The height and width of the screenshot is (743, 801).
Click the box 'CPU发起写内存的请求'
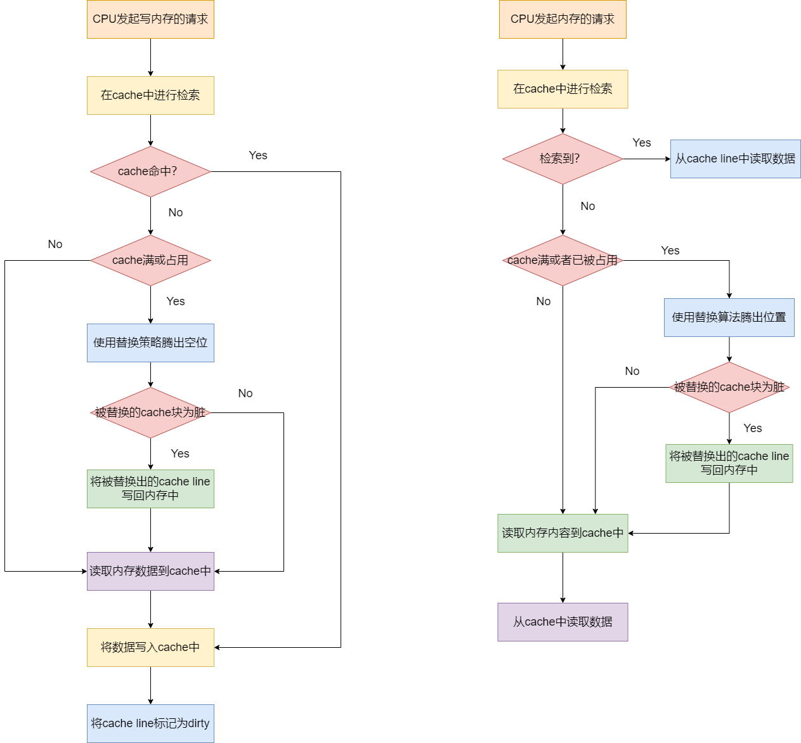click(150, 19)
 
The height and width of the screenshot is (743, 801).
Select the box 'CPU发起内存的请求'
click(563, 19)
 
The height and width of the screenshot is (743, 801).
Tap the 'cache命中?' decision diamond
click(150, 171)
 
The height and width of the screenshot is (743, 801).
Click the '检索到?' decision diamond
click(563, 159)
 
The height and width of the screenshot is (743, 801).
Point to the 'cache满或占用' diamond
click(150, 260)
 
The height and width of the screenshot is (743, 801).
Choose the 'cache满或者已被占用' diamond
click(563, 260)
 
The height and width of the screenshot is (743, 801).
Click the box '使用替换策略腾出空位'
click(150, 343)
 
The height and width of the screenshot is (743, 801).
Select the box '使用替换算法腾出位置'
click(729, 317)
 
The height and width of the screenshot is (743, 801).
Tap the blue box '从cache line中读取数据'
click(735, 159)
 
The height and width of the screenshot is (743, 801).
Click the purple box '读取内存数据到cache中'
click(150, 571)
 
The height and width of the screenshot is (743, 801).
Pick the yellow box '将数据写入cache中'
click(150, 647)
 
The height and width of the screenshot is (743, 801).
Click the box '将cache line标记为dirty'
click(150, 723)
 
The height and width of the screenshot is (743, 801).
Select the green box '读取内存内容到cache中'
click(563, 533)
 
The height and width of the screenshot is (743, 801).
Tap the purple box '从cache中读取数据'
click(563, 622)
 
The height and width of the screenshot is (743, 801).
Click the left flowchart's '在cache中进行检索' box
click(150, 95)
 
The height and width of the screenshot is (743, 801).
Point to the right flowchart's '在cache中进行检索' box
click(563, 89)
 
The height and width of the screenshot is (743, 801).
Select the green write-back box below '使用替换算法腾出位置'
click(729, 463)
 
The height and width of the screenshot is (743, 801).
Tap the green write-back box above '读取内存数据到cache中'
click(150, 489)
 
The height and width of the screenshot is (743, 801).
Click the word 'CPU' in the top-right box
click(522, 19)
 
